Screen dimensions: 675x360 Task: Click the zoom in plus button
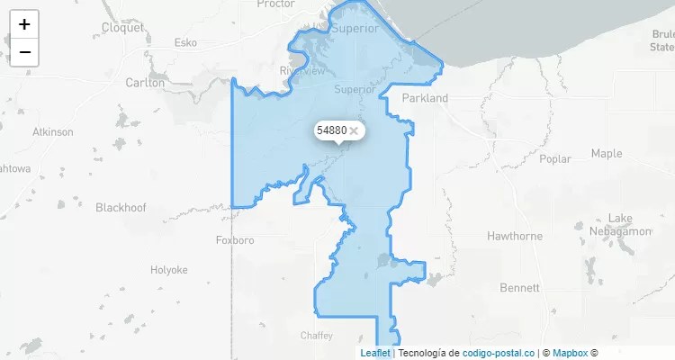(24, 24)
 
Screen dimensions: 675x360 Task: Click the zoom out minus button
(24, 52)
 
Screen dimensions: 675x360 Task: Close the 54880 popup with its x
(355, 130)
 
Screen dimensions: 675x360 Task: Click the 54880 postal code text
(331, 130)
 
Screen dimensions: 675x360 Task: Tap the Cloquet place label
(122, 27)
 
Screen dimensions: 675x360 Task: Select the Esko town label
(185, 42)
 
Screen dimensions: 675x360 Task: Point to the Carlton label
(145, 82)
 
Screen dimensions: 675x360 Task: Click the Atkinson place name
(53, 131)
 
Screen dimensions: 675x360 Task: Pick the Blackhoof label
(121, 207)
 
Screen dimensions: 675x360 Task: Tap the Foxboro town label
(236, 240)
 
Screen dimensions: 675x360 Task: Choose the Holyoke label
(168, 269)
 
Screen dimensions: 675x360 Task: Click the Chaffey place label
(316, 335)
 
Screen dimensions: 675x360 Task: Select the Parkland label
(425, 97)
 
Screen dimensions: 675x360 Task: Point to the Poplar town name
(555, 158)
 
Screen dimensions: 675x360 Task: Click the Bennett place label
(519, 288)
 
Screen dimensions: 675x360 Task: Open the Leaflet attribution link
(375, 353)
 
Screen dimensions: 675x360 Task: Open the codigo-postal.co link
(498, 353)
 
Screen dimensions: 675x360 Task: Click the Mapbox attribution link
(570, 353)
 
